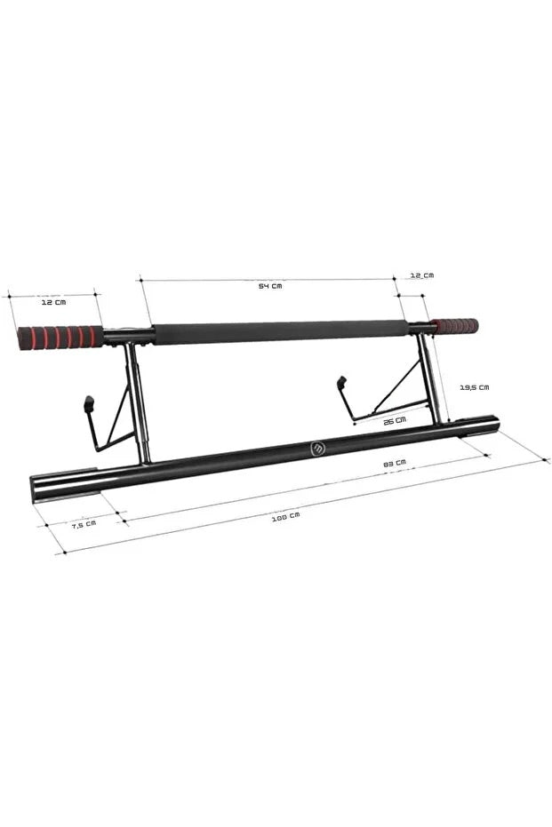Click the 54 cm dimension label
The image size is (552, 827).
(x=270, y=286)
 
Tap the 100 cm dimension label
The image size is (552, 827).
(x=285, y=515)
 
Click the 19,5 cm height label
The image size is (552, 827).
(x=473, y=386)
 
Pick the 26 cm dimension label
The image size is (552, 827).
(x=394, y=419)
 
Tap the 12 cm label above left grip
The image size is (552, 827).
(x=53, y=302)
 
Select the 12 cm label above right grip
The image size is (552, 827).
(x=422, y=275)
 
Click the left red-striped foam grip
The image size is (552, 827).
(x=60, y=338)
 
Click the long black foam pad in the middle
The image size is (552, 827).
(x=282, y=332)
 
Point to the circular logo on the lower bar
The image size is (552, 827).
(x=318, y=449)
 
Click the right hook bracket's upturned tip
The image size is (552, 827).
(x=341, y=384)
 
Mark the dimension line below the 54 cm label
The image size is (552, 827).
(x=267, y=279)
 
